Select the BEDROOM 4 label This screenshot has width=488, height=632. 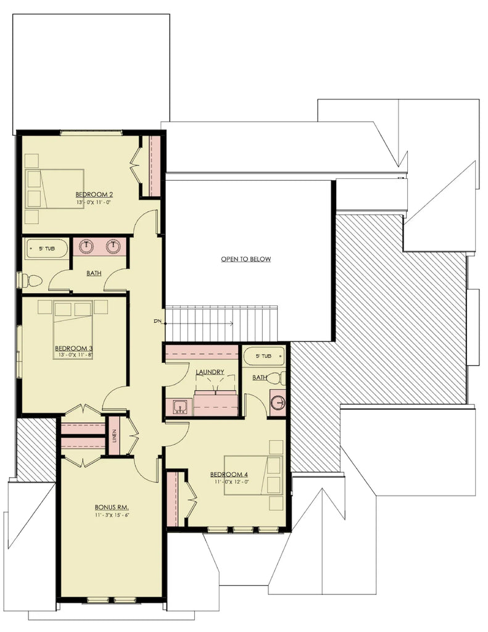(x=230, y=475)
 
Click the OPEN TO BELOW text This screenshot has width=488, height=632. (x=246, y=259)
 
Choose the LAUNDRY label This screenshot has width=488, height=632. (x=209, y=372)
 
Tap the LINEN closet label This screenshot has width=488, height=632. (x=114, y=436)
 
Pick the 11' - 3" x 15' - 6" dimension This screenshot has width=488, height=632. (x=112, y=515)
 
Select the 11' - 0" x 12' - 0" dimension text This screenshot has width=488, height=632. (x=230, y=482)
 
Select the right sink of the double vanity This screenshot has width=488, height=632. (x=113, y=246)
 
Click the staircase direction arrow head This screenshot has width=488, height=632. (x=231, y=323)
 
